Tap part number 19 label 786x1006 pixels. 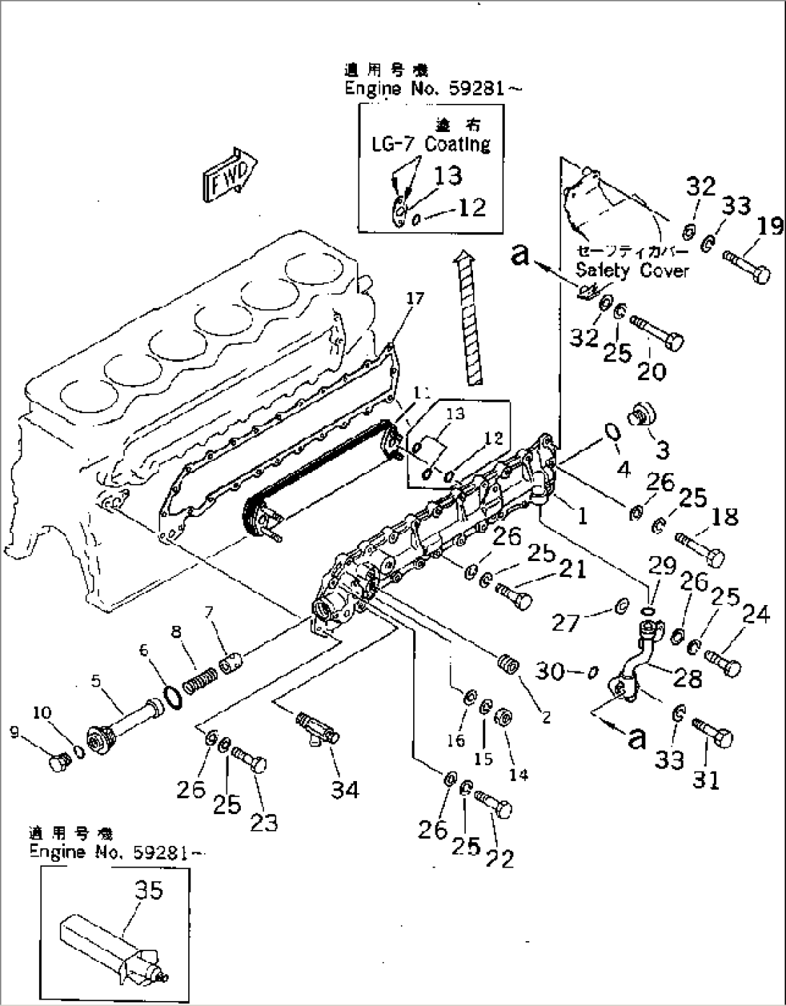coord(769,226)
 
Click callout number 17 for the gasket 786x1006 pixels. coord(415,299)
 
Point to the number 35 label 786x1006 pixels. coord(149,891)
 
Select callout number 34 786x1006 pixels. coord(345,790)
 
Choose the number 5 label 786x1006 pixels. coord(95,680)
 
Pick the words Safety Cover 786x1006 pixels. coord(632,270)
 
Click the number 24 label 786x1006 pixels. coord(756,614)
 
